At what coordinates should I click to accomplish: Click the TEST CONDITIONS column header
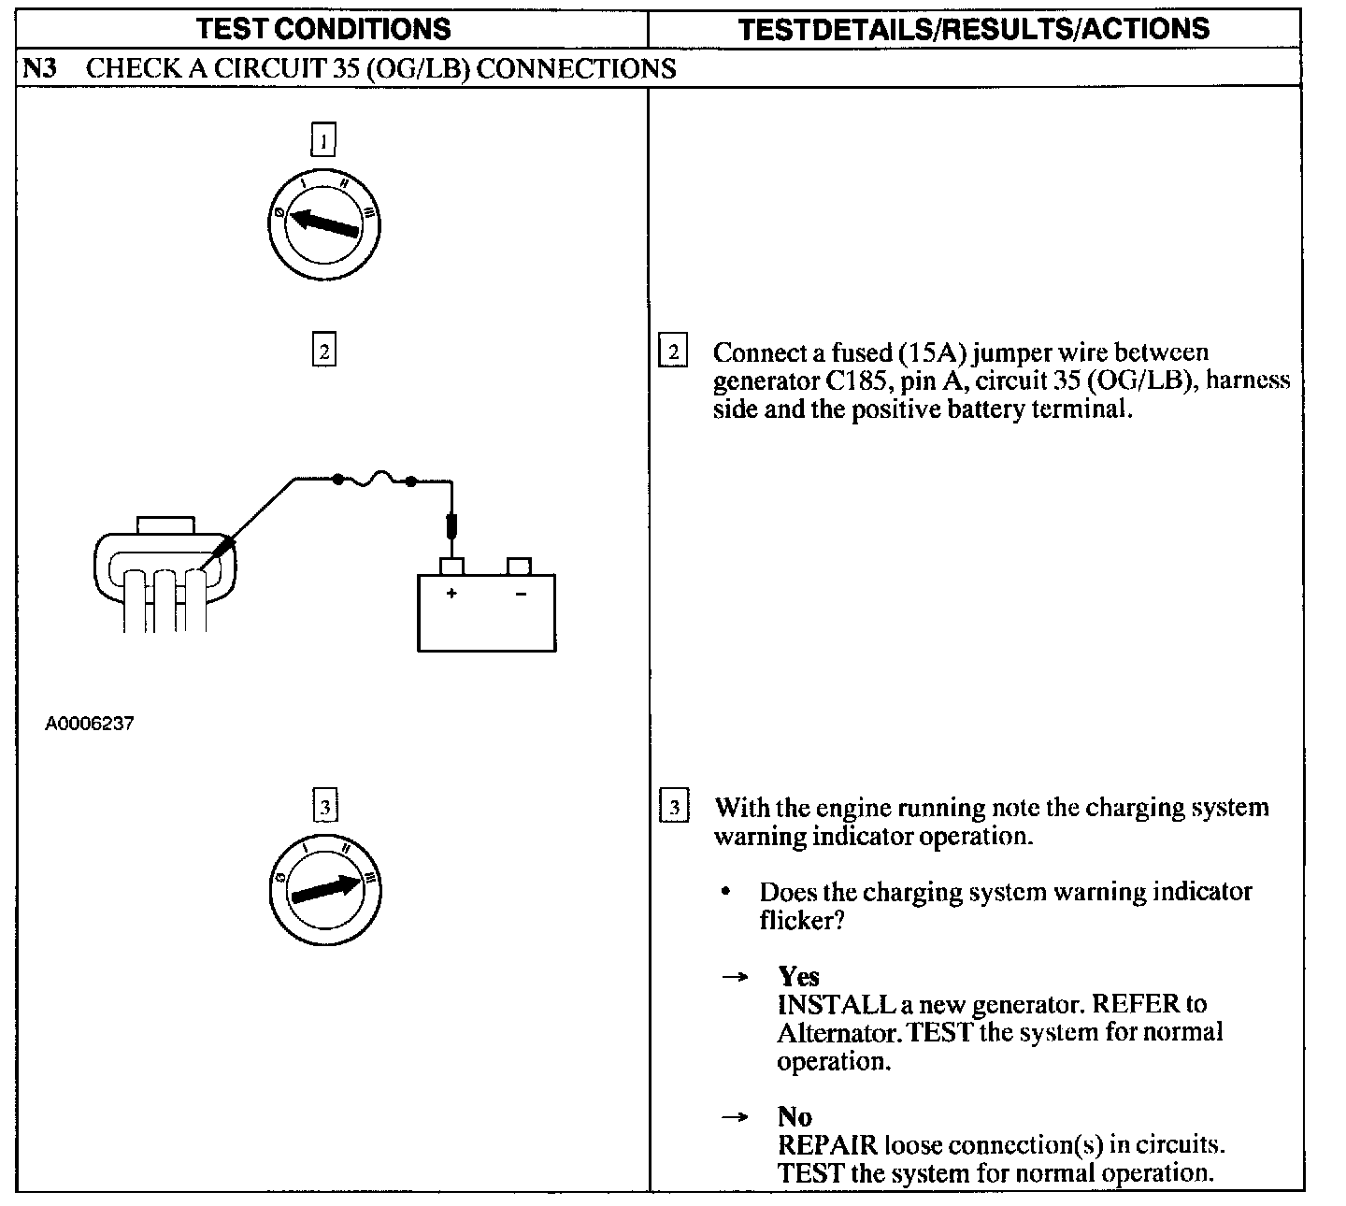pos(323,29)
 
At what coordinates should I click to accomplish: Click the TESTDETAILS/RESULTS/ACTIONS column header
pos(974,29)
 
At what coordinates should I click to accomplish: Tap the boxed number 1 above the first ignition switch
pos(323,141)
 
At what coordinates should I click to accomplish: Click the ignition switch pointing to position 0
pos(324,225)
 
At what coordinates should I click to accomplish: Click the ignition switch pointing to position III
pos(324,889)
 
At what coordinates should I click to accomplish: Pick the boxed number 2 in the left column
pos(323,352)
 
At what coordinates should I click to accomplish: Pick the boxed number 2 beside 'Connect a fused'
pos(673,353)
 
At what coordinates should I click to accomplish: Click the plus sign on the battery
pos(451,594)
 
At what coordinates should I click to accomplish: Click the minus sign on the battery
pos(520,594)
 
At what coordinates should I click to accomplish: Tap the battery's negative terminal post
pos(519,566)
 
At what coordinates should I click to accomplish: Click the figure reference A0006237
pos(90,724)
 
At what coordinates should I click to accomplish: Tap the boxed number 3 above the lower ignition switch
pos(324,806)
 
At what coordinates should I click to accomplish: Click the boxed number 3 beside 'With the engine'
pos(674,807)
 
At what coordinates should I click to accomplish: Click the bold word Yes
pos(798,976)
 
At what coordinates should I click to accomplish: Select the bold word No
pos(795,1116)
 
